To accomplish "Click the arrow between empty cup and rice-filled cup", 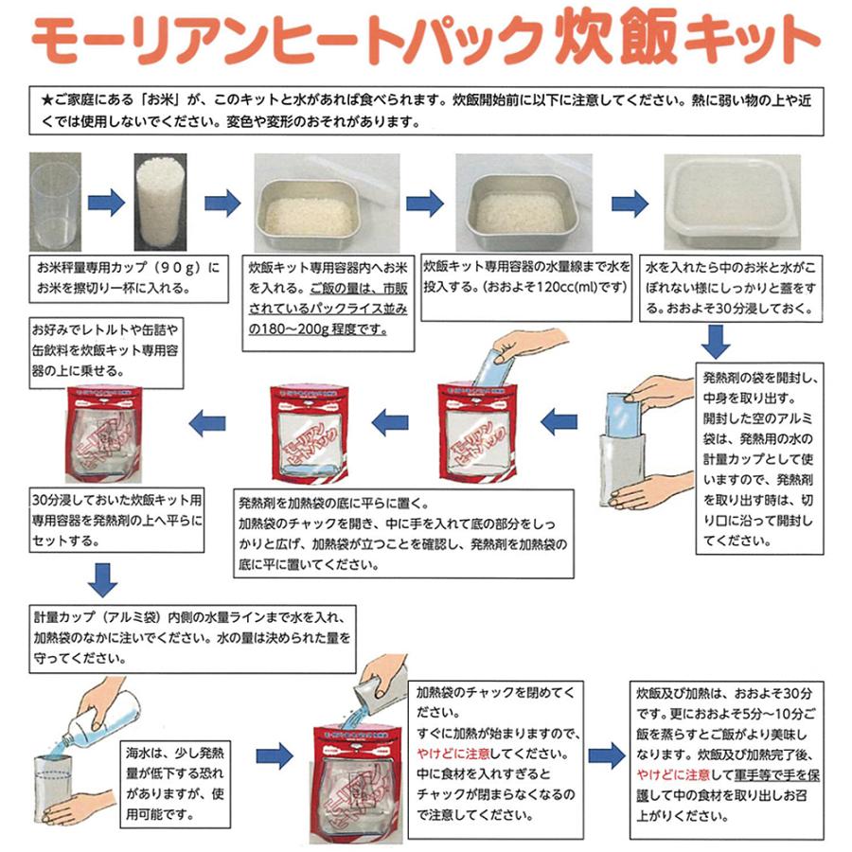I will click(105, 203).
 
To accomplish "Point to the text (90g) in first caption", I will click(176, 269).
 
